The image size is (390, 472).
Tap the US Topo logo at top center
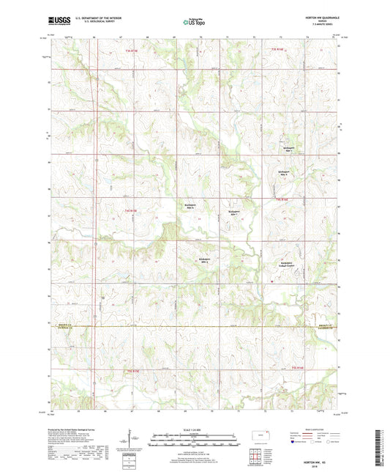click(x=194, y=23)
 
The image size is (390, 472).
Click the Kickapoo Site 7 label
click(x=233, y=211)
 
